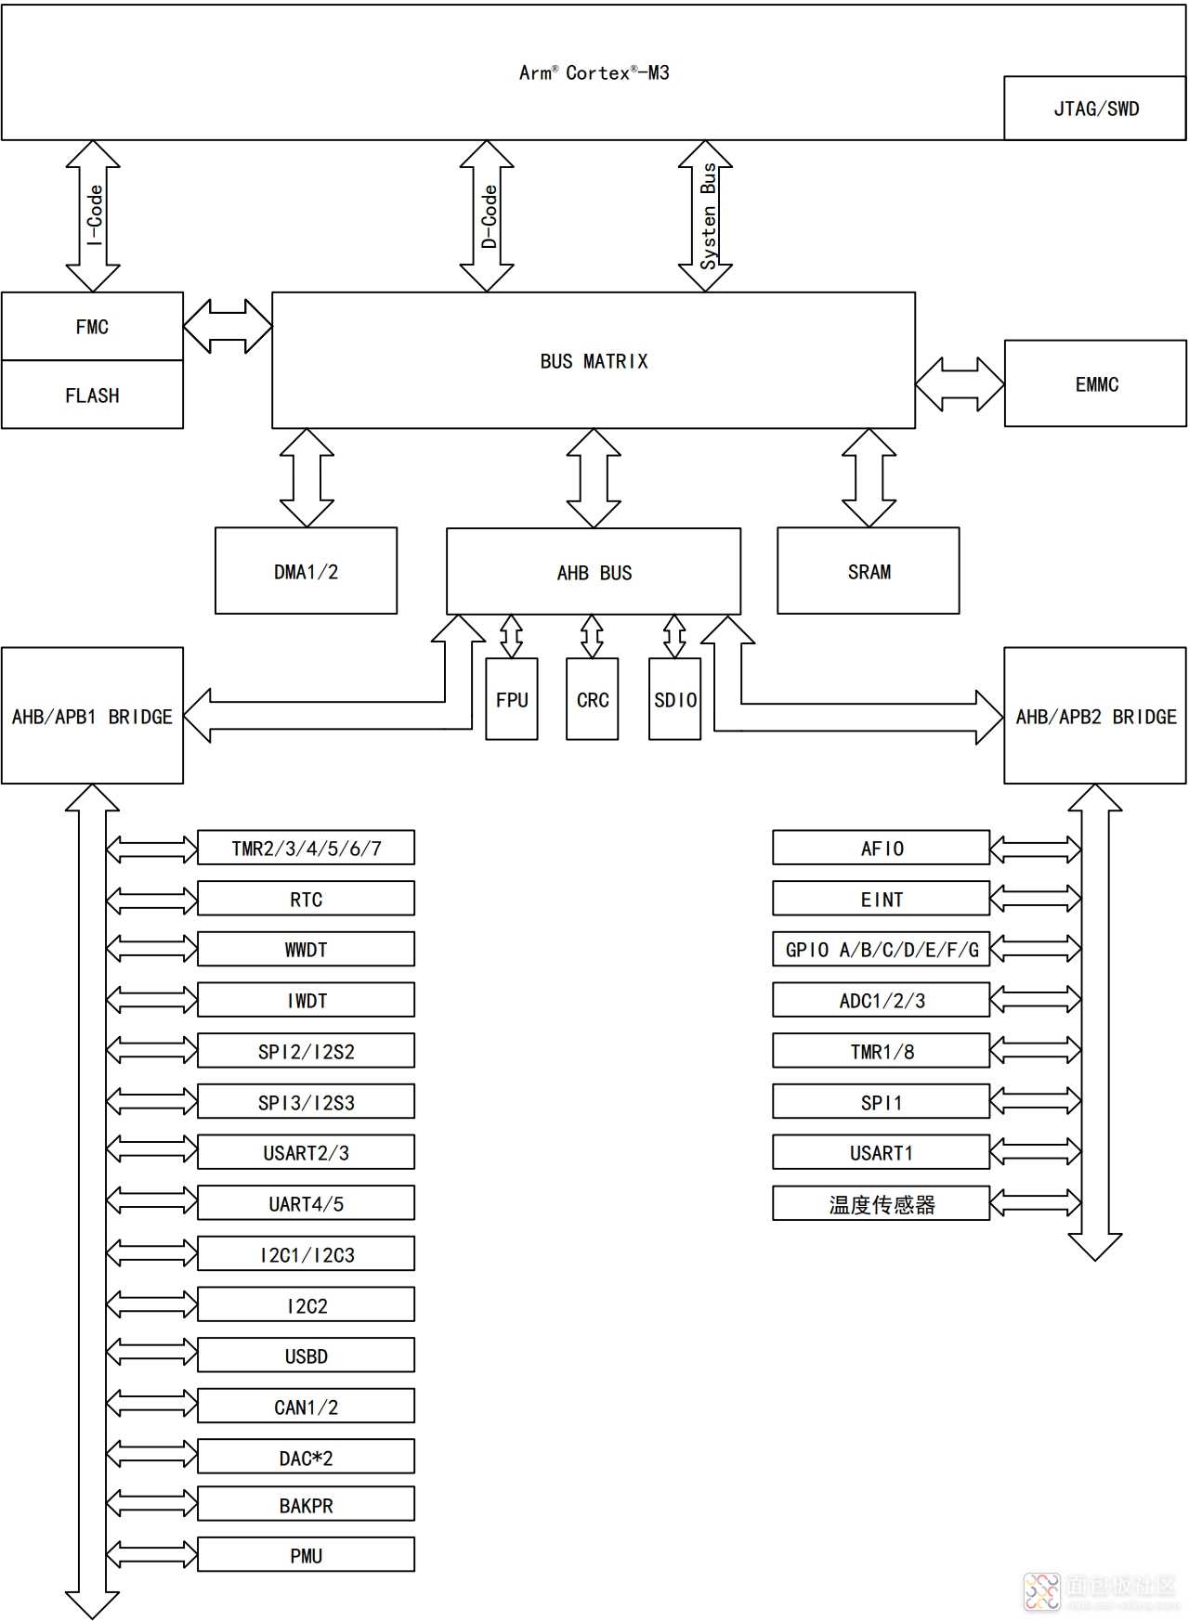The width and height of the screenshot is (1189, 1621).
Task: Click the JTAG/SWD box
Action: click(x=1095, y=109)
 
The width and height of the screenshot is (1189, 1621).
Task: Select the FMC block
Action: click(x=92, y=327)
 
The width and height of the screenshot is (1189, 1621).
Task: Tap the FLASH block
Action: click(x=92, y=396)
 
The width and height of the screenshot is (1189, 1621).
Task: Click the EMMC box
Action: click(x=1095, y=384)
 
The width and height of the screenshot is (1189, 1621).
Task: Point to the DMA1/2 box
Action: click(x=306, y=572)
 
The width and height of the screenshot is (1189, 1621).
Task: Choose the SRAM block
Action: click(x=869, y=572)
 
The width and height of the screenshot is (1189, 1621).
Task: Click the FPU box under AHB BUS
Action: click(x=512, y=700)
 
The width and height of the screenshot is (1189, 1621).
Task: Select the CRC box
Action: click(x=593, y=700)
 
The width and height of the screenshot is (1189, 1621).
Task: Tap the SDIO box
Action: click(x=674, y=700)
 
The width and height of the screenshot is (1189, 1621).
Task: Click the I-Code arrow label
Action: click(x=94, y=215)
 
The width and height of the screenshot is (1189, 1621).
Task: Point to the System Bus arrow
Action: click(x=706, y=215)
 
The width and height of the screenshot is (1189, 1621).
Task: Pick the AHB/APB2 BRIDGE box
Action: click(x=1095, y=717)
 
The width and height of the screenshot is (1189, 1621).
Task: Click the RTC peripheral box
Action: click(x=306, y=900)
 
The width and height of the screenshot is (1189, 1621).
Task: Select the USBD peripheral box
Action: click(x=306, y=1356)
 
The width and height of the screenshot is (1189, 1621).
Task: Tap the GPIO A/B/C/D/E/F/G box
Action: click(x=882, y=950)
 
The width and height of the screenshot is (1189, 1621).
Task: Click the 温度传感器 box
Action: click(x=882, y=1204)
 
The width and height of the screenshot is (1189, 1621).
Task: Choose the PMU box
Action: click(x=306, y=1556)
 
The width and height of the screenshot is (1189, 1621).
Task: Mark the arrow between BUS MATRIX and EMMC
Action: click(x=960, y=384)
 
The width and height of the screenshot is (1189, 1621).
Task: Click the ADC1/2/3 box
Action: click(x=882, y=1001)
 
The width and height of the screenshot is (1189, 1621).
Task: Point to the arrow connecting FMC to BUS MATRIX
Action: click(x=228, y=327)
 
